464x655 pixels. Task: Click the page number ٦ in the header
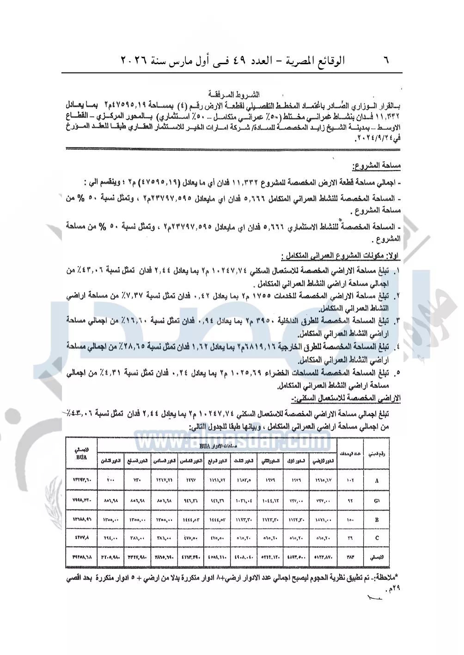tap(386, 60)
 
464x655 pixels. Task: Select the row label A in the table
tap(377, 480)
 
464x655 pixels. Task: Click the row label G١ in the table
tap(377, 500)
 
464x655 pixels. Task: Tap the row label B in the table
tap(377, 520)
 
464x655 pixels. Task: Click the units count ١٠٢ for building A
tap(349, 480)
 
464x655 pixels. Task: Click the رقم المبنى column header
tap(377, 453)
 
